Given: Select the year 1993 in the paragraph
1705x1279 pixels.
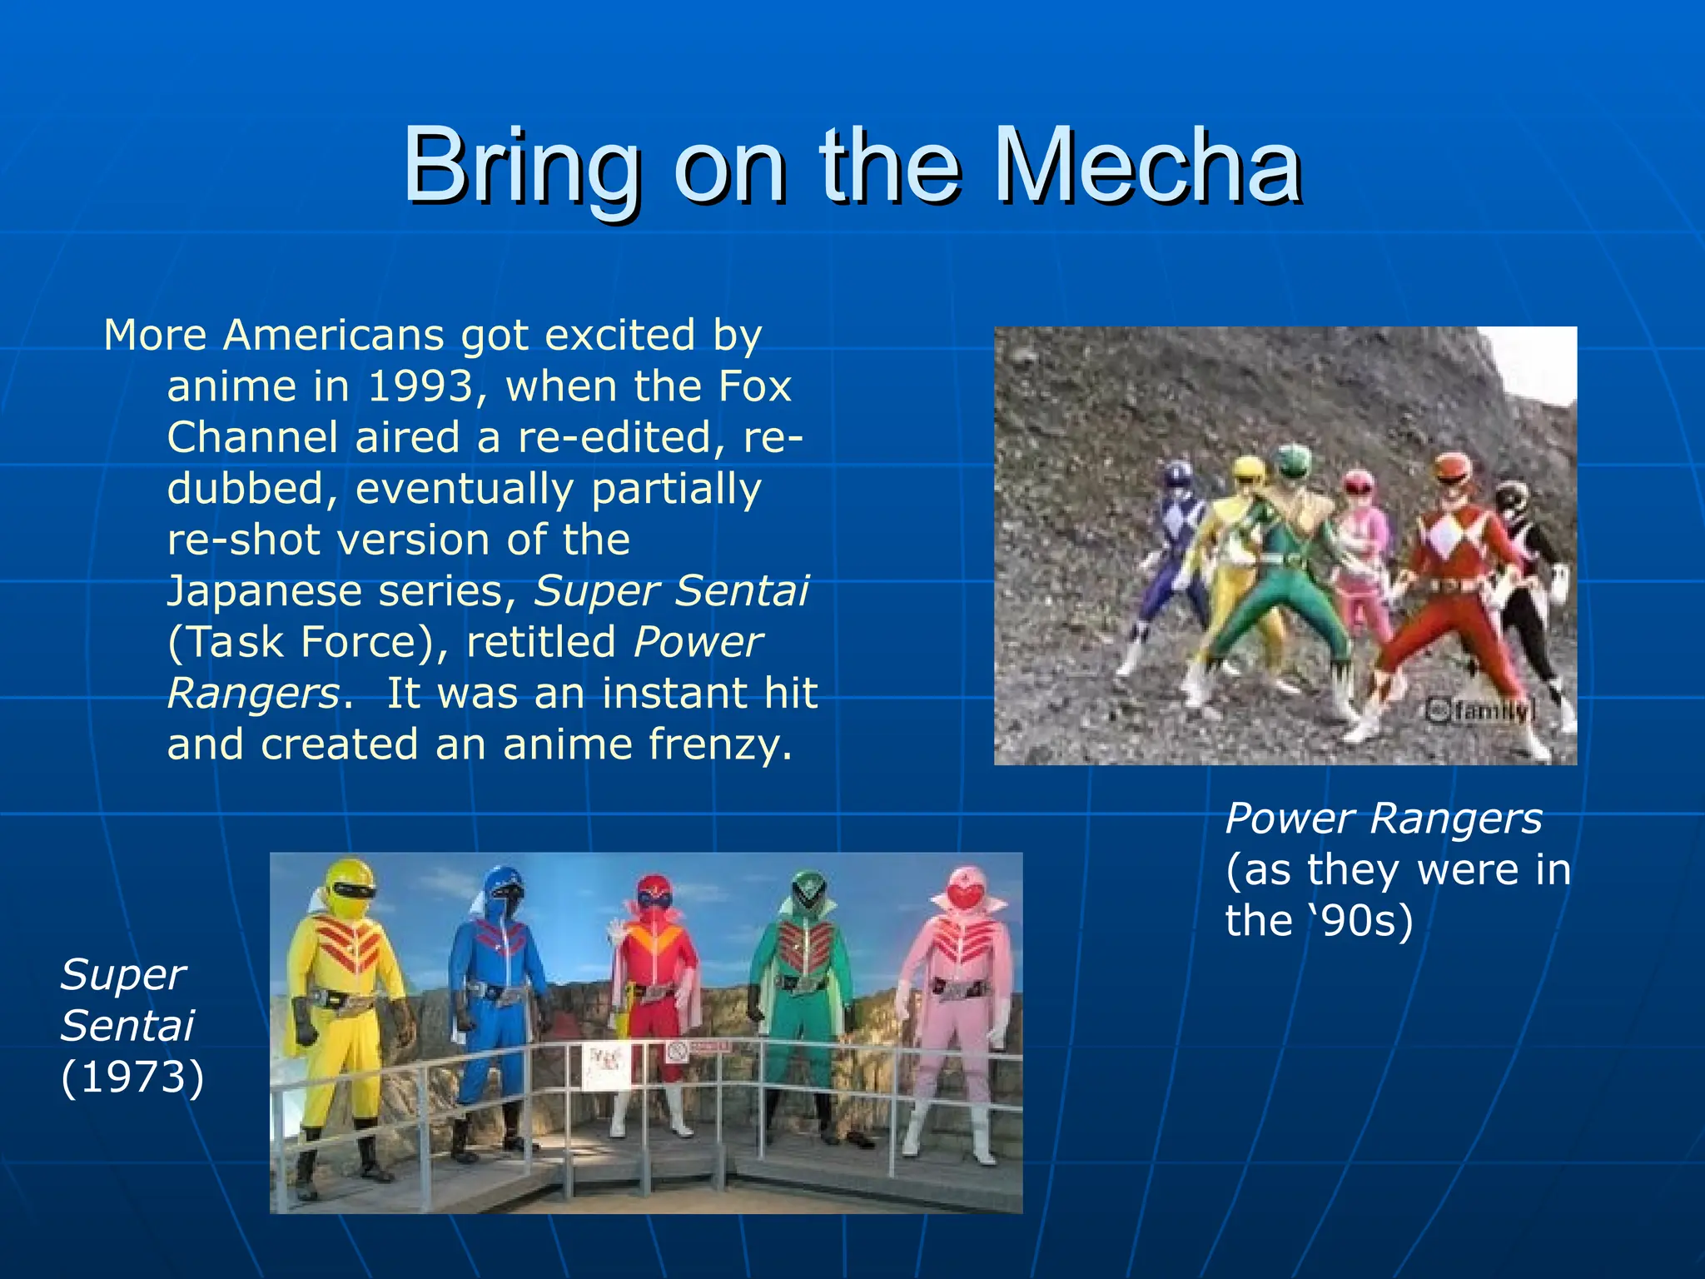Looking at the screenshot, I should click(x=420, y=386).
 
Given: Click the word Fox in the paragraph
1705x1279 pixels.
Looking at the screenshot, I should click(x=753, y=386).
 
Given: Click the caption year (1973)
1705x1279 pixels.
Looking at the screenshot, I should click(x=132, y=1077).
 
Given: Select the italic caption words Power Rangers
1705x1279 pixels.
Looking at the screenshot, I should click(x=1383, y=819).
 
